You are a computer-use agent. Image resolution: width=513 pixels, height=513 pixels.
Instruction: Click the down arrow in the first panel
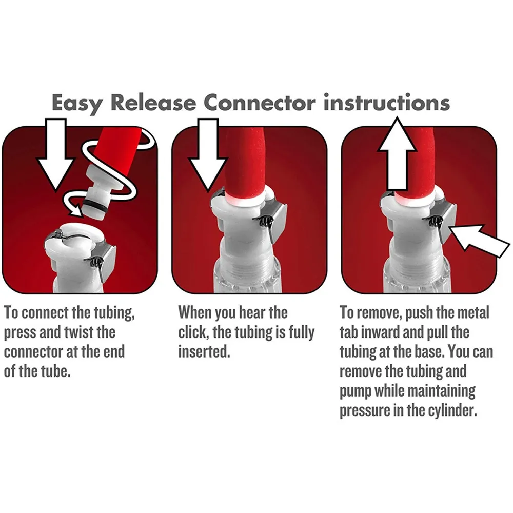[55, 154]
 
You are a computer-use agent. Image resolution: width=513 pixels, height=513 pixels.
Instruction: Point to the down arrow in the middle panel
[207, 154]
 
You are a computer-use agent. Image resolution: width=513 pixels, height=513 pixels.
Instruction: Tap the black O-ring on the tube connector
[95, 209]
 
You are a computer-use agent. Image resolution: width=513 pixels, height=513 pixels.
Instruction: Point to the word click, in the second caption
[193, 333]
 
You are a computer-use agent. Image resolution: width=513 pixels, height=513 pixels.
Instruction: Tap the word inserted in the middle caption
[204, 352]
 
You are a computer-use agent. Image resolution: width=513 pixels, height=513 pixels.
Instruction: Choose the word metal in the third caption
[473, 313]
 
